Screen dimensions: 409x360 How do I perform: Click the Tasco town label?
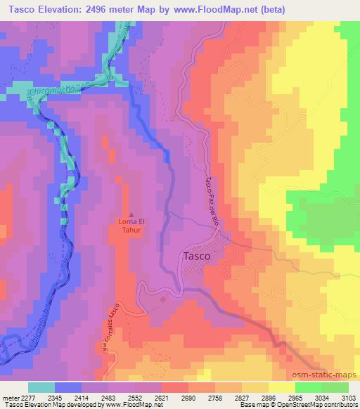(196, 257)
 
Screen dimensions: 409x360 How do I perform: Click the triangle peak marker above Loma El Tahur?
(131, 215)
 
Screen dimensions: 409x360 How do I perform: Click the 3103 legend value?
(348, 397)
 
